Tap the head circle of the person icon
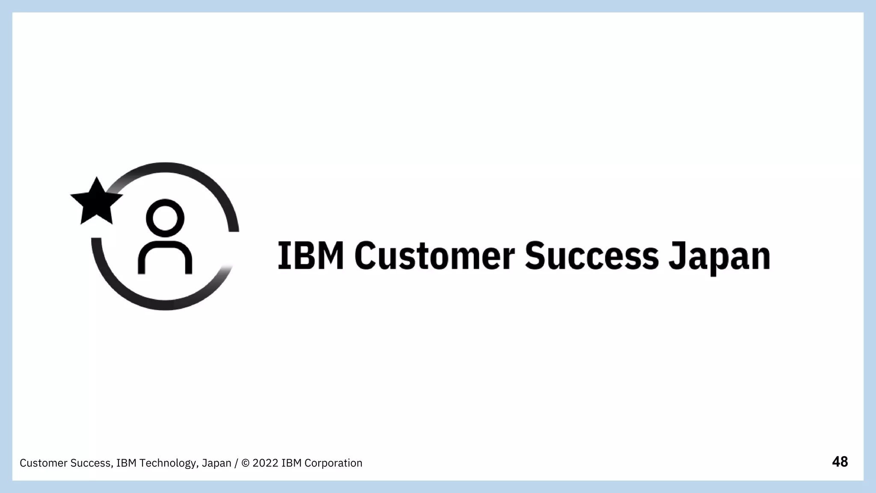[x=165, y=218]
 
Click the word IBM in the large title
[x=311, y=255]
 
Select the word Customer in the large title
[x=435, y=255]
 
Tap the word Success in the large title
[x=592, y=255]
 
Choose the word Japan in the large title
[x=719, y=257]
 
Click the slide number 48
[x=840, y=462]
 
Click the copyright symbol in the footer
[x=246, y=463]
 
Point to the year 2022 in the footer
[x=266, y=463]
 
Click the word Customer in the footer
[x=43, y=463]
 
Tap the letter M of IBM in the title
[x=332, y=255]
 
